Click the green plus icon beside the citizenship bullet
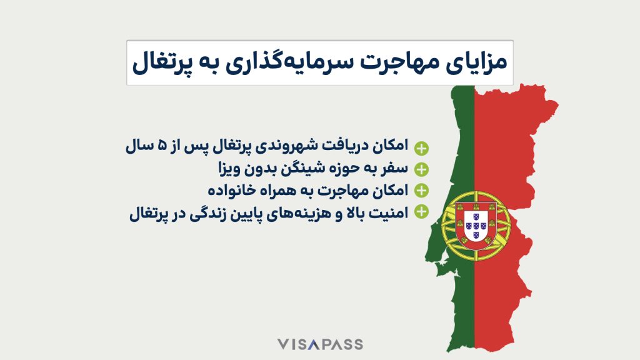(422, 148)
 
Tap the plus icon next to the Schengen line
(422, 169)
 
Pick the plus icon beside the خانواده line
(422, 190)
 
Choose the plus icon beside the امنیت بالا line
(422, 211)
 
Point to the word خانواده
(234, 189)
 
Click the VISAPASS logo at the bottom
(320, 344)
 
